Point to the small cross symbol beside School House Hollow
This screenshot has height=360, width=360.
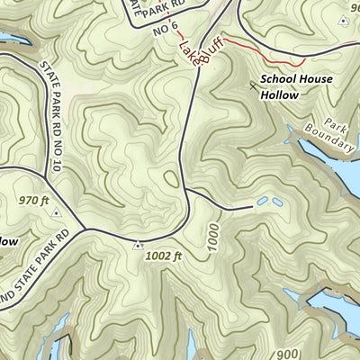click(x=251, y=85)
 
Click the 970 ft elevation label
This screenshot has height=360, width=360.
click(x=34, y=201)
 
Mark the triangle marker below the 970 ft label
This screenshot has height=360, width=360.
click(x=56, y=214)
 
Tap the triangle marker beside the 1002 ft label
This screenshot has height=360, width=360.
click(x=138, y=244)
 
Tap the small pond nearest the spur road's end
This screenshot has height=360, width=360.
click(x=260, y=203)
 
